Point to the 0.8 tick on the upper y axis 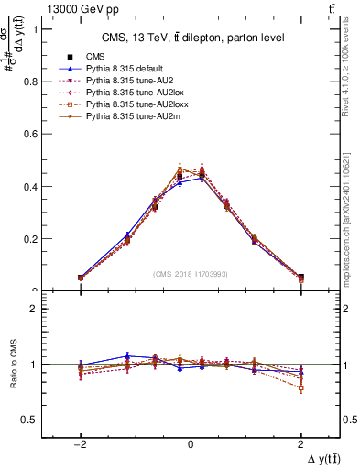tap(40, 81)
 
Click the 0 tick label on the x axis tap(191, 442)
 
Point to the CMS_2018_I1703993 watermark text tap(191, 274)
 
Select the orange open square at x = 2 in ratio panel tap(300, 388)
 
